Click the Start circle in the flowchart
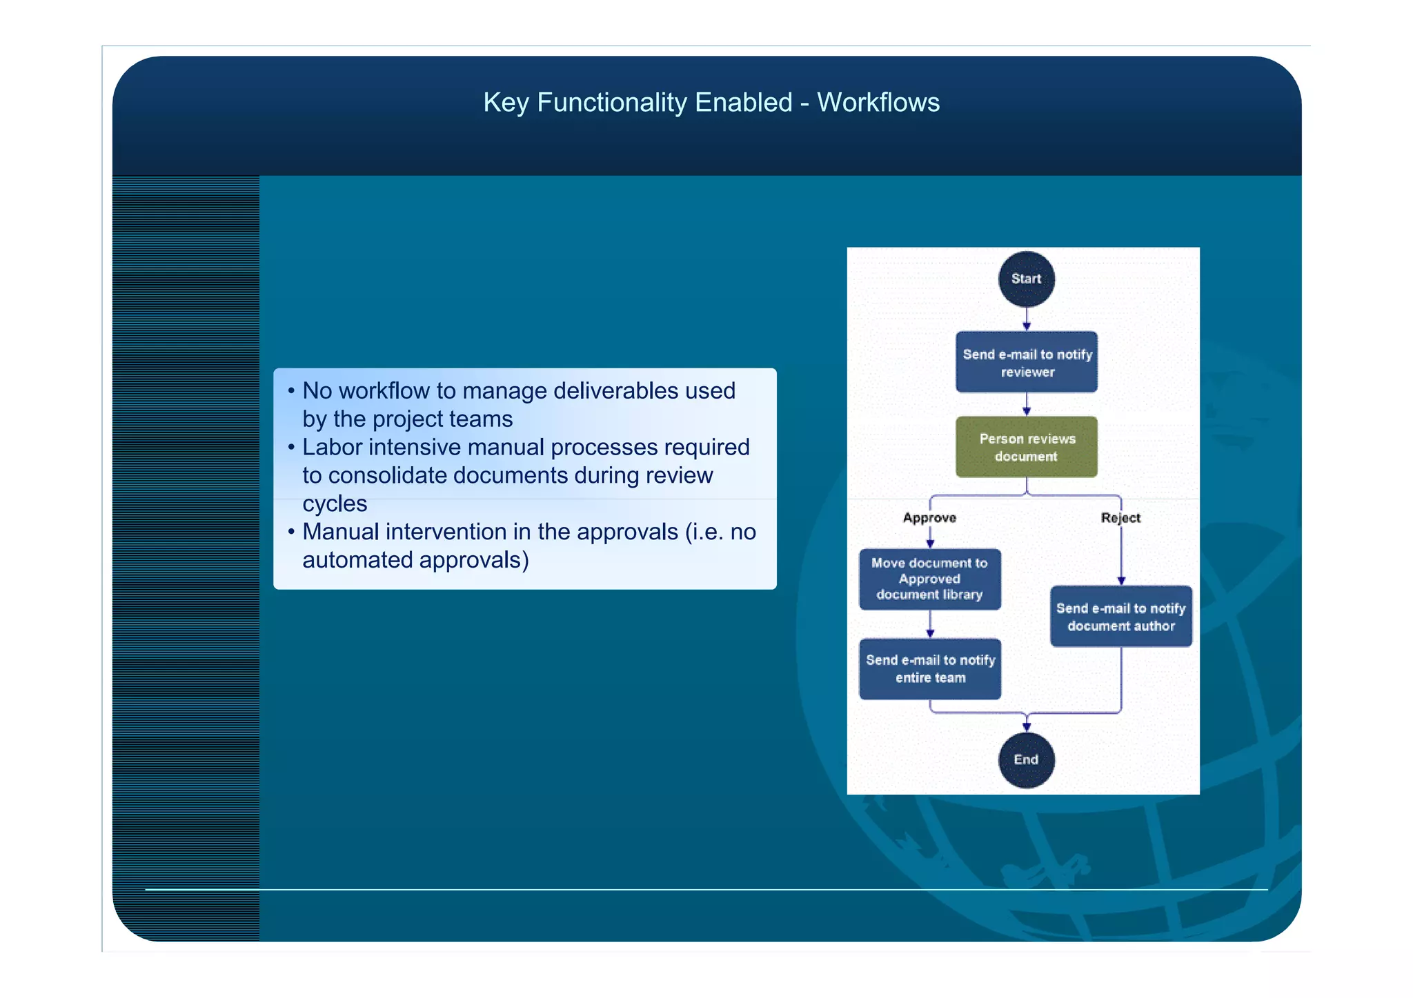point(1026,279)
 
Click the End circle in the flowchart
point(1026,759)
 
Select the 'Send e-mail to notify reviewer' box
point(1026,363)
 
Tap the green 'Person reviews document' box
point(1026,447)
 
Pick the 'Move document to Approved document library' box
point(929,579)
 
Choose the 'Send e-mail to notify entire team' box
point(929,668)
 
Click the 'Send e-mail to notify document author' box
point(1120,617)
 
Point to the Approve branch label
point(929,518)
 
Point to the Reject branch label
point(1120,518)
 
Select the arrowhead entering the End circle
point(1027,726)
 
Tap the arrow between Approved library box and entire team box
point(930,625)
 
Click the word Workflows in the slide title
point(878,102)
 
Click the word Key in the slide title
point(506,102)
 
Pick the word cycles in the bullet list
point(335,503)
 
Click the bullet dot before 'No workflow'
point(291,391)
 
